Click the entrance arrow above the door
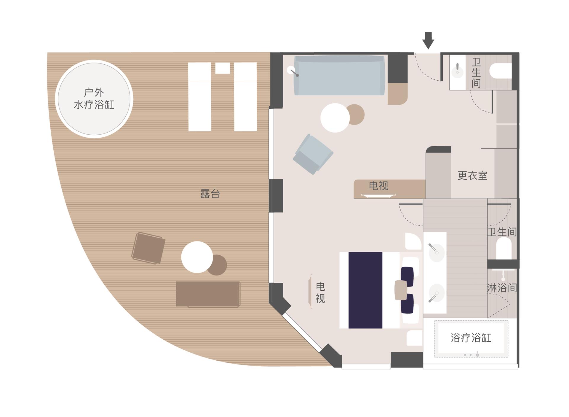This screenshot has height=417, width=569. click(x=428, y=40)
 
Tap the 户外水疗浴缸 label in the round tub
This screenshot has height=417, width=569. click(x=94, y=98)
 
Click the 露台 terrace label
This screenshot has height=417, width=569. click(x=210, y=194)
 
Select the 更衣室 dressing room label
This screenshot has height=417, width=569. click(x=472, y=176)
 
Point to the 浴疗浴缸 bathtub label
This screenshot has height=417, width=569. click(x=471, y=338)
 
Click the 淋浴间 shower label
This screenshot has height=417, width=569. click(x=502, y=288)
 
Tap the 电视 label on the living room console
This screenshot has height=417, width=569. click(x=378, y=186)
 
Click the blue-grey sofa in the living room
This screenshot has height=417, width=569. click(x=339, y=75)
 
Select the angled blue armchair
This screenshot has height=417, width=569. click(x=313, y=154)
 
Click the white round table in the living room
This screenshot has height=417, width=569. click(x=335, y=118)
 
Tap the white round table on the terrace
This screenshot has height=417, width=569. click(x=197, y=257)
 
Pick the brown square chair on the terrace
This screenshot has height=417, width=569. click(x=148, y=248)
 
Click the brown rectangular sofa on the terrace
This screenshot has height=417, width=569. click(x=208, y=294)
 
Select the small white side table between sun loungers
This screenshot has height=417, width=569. click(x=223, y=68)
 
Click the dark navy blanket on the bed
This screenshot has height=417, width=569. click(x=365, y=290)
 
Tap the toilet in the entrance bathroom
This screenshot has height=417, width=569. click(x=501, y=71)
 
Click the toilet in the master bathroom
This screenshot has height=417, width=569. click(x=504, y=249)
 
